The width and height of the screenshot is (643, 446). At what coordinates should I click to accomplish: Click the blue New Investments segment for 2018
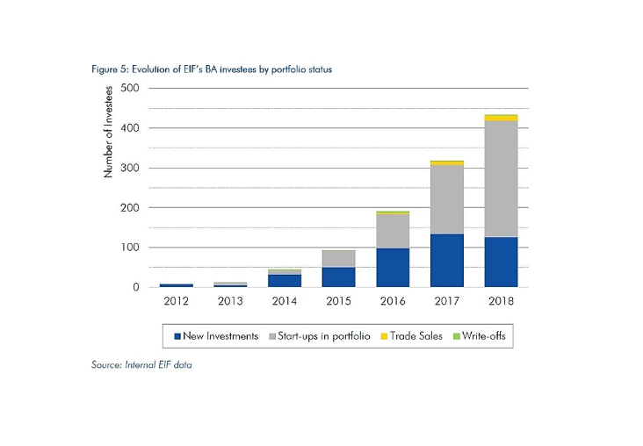coord(500,262)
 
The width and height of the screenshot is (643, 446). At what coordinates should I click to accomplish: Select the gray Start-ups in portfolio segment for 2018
coord(500,179)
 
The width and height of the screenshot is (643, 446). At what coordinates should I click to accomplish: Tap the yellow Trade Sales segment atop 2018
coord(500,118)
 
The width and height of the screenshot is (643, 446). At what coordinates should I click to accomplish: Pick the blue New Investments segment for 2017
coord(445,260)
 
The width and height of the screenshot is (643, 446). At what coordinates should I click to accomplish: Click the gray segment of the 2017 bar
coord(445,199)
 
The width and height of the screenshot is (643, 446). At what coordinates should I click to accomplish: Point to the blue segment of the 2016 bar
coord(392,267)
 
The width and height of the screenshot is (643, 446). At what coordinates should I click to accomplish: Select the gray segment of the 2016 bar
coord(392,231)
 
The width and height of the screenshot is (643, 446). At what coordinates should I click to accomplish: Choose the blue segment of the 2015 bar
coord(338,277)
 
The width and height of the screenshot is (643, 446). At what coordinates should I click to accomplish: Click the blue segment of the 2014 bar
coord(284,280)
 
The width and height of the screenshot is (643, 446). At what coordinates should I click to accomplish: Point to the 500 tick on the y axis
coord(130,89)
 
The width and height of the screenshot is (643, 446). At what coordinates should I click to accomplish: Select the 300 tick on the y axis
coord(130,168)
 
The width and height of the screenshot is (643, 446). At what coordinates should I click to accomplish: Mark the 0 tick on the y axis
coord(136,287)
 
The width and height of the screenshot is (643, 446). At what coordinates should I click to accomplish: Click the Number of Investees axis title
coord(108,131)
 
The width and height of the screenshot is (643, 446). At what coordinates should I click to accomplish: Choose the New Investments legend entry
coord(217,336)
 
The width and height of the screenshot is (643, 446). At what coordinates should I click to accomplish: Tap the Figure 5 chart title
coord(212,68)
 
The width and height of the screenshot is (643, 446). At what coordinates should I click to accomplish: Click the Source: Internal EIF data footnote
coord(141,364)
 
